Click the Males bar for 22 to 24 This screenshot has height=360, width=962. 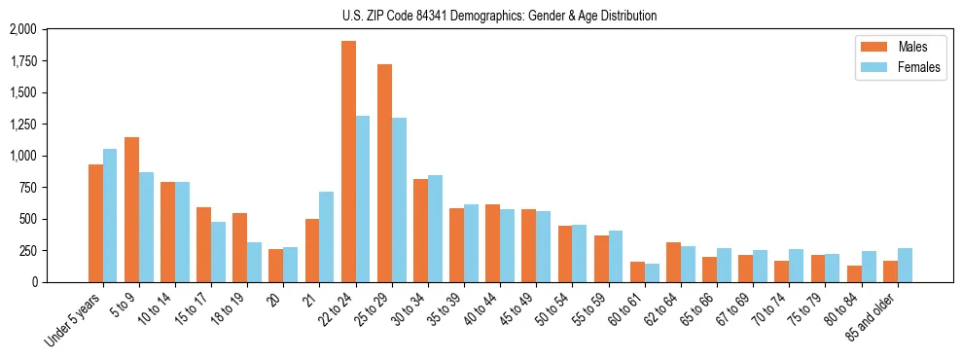coord(348,162)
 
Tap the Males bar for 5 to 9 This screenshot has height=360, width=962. coord(131,209)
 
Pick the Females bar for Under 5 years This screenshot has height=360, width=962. coord(110,215)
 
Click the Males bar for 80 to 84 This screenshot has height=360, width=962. coord(854,273)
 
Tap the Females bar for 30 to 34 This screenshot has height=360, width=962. coord(435,229)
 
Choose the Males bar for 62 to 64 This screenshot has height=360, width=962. coord(673,262)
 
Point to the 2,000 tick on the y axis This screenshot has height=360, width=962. coord(21,30)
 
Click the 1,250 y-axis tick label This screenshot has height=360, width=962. coord(21,125)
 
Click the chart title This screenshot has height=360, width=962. coord(499,16)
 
